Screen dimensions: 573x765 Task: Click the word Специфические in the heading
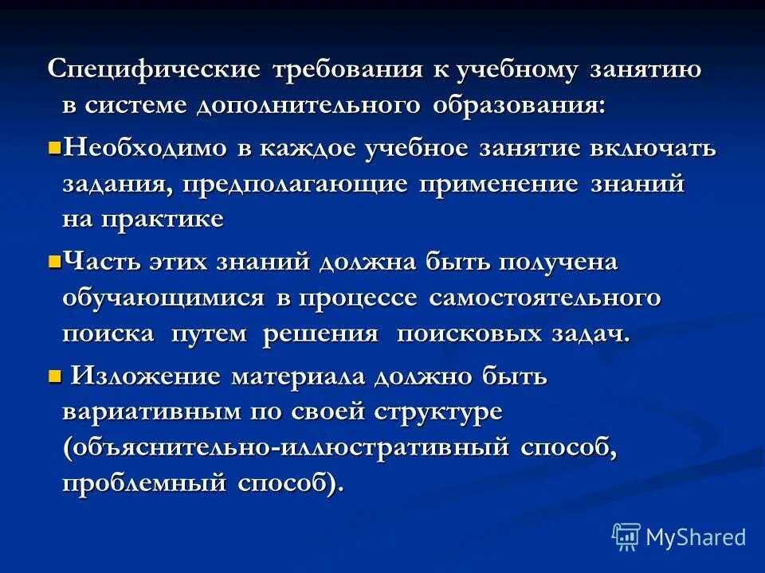pyautogui.click(x=154, y=70)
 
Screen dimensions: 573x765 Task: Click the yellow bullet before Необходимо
pyautogui.click(x=54, y=147)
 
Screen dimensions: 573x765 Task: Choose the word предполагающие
pyautogui.click(x=295, y=185)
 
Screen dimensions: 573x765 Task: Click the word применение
pyautogui.click(x=499, y=184)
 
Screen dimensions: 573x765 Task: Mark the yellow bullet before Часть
pyautogui.click(x=54, y=260)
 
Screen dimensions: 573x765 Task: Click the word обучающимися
pyautogui.click(x=163, y=298)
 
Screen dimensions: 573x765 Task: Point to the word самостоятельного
pyautogui.click(x=546, y=298)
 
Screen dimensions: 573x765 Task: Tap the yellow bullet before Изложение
pyautogui.click(x=54, y=375)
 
